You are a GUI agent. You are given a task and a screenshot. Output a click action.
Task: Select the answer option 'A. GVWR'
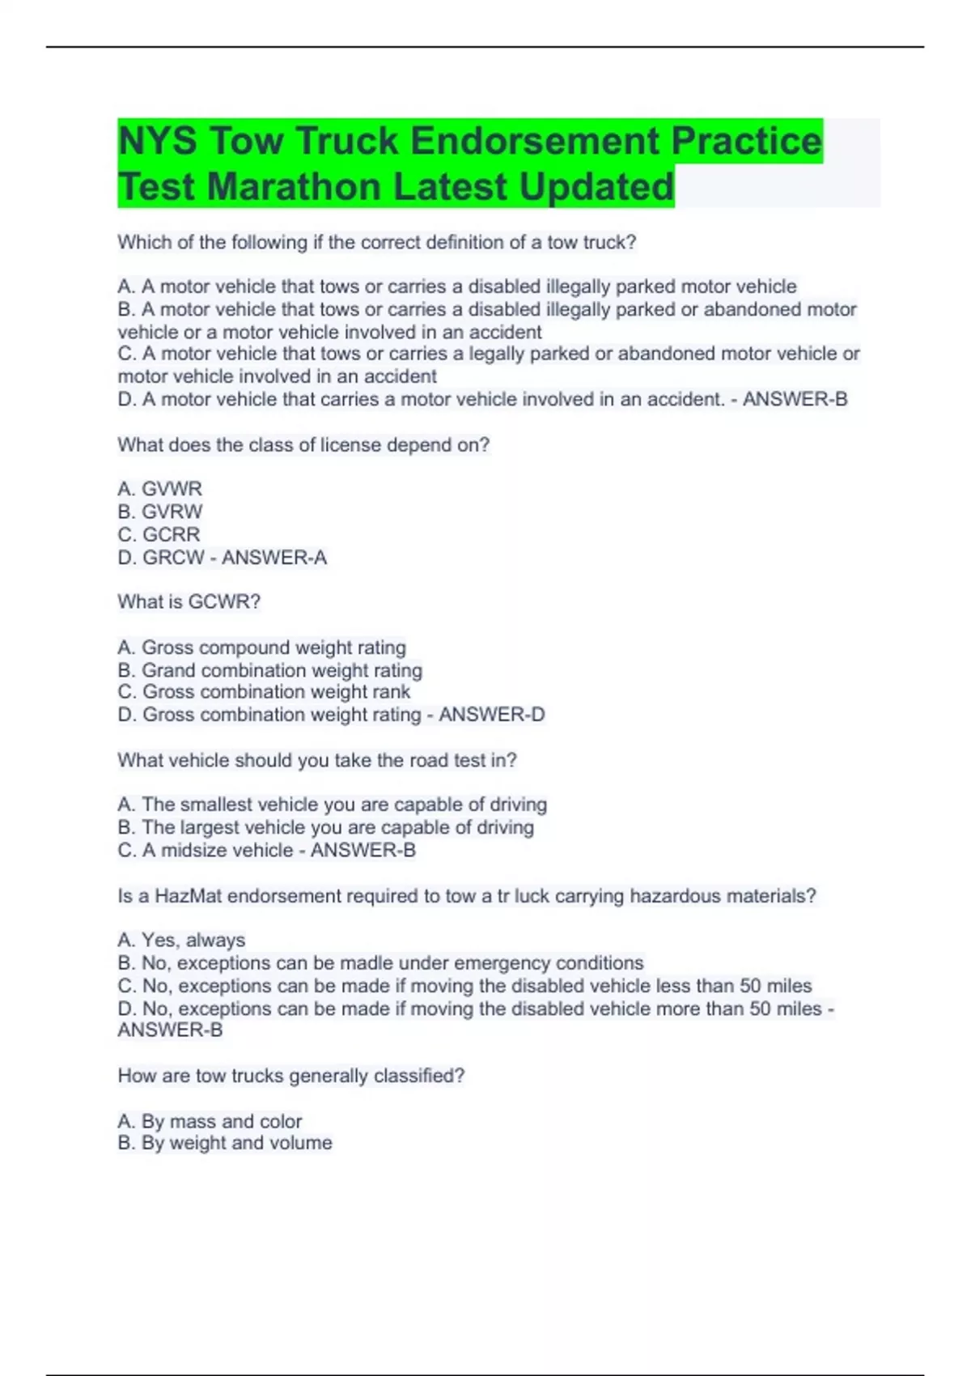pos(159,489)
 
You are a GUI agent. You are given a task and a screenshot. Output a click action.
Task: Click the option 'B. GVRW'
pos(159,512)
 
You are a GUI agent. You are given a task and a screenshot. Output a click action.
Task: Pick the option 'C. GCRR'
pos(159,534)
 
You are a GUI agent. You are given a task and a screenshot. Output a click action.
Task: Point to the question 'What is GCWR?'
pos(189,602)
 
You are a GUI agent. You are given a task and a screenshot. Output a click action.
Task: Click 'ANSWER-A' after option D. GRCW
pos(274,558)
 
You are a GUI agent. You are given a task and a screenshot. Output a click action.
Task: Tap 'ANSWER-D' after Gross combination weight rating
pos(491,715)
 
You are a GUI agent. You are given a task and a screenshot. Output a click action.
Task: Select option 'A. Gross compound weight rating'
pos(261,648)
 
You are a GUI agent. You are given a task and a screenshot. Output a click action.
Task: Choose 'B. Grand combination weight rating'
pos(269,670)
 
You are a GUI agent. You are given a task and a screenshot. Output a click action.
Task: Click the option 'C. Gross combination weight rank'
pos(264,692)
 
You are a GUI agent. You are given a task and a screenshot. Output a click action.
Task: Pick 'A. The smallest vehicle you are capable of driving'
pos(332,805)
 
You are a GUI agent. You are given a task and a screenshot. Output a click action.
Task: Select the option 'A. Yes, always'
pos(181,941)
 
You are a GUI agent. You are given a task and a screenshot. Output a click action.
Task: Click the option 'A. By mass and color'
pos(210,1121)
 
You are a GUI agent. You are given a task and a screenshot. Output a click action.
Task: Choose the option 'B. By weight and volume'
pos(225,1143)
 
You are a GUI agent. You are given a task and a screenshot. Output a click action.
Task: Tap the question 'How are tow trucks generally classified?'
pos(290,1076)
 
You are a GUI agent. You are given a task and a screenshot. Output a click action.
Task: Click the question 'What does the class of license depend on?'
pos(303,445)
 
